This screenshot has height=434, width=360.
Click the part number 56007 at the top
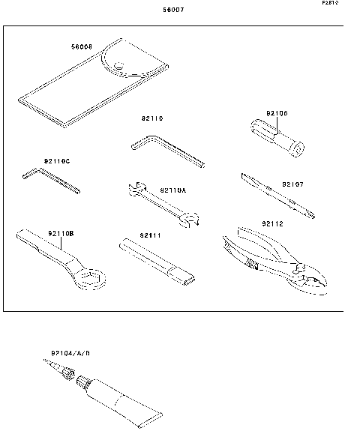[173, 11]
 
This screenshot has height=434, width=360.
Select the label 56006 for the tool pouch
[81, 46]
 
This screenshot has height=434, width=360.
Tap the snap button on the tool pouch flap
[118, 70]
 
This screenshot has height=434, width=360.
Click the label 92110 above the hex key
[151, 118]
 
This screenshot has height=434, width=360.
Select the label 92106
[277, 114]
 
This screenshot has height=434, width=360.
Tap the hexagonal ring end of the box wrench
[90, 281]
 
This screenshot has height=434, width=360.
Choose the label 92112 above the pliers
[273, 223]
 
